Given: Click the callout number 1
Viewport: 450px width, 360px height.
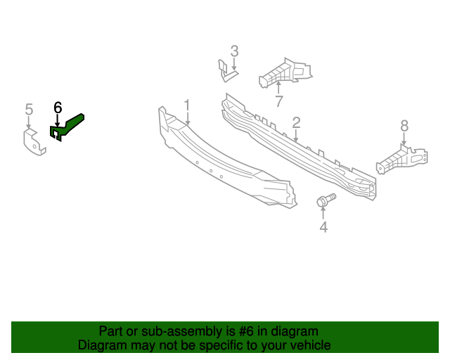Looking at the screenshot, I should point(188,105).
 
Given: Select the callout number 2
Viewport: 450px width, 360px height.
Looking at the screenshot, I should point(297,123).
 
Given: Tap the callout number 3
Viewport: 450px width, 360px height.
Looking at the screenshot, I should point(235,51).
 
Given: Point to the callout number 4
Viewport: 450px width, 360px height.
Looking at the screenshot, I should point(323,227).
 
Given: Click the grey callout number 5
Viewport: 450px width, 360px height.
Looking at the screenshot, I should point(29,109).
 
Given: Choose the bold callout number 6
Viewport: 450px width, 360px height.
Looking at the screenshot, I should point(58,108).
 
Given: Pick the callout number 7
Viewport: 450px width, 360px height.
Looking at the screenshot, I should point(279,101).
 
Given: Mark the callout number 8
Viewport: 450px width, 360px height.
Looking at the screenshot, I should point(404,126).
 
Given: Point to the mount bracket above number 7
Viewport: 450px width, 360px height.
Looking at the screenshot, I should point(285,73).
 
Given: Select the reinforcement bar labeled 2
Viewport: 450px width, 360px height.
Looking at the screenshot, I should point(295,148).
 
